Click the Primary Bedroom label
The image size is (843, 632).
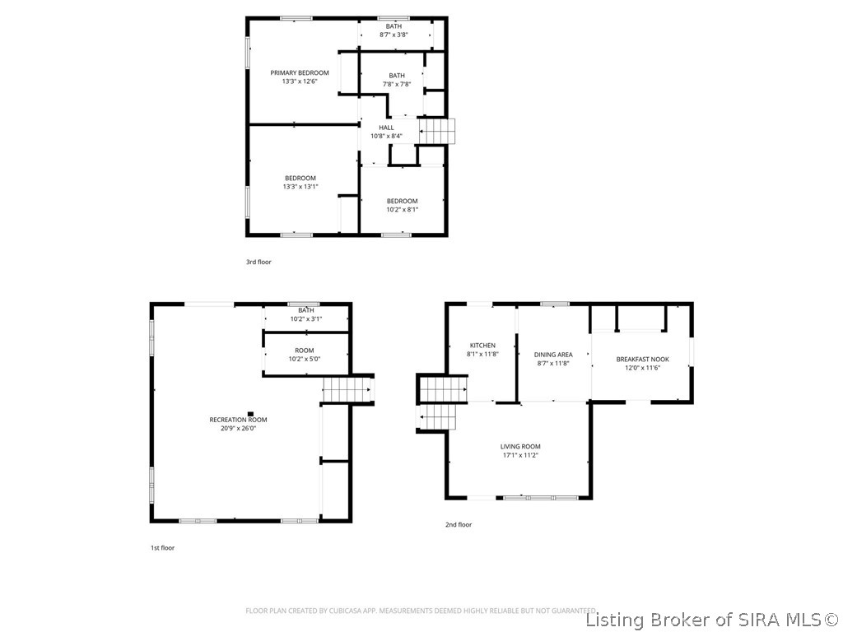300,73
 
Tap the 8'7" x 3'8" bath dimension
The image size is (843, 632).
394,35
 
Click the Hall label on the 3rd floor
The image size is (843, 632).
386,128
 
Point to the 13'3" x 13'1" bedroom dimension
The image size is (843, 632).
300,187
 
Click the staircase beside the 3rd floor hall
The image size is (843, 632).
437,131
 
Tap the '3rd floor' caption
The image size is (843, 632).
258,262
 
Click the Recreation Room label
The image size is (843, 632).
238,420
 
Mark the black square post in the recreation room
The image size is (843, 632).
251,414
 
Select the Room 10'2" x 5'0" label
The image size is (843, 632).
305,355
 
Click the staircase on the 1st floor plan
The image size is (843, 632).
347,389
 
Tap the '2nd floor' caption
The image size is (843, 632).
459,524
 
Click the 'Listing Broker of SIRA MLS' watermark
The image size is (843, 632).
711,619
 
